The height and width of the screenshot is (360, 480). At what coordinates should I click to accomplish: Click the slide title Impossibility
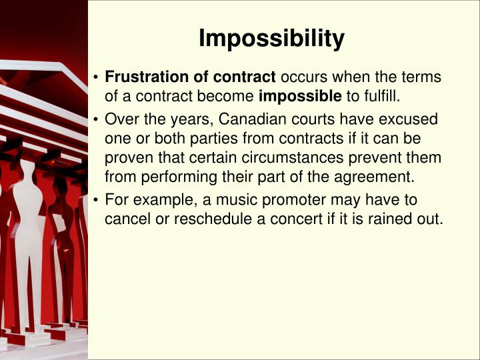[x=271, y=39]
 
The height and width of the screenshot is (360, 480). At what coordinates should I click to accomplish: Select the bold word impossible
[x=300, y=96]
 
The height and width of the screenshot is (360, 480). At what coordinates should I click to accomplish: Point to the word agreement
[x=375, y=177]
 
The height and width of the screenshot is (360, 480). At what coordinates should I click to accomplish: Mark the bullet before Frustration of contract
[x=97, y=78]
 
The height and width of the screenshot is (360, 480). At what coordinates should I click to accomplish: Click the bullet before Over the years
[x=97, y=121]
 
